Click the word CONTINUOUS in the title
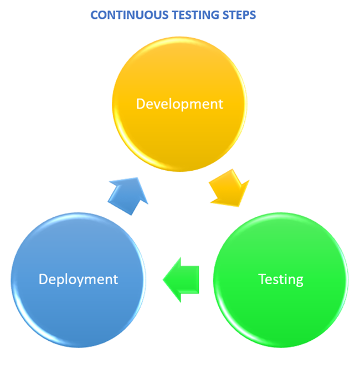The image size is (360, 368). point(130,15)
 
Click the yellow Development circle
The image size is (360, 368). point(179,104)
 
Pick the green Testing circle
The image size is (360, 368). point(281,280)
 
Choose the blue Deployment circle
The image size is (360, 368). point(78,280)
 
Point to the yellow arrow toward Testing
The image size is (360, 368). point(229,188)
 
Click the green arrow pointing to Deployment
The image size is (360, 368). point(181,280)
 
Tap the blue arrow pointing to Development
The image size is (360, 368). point(128,196)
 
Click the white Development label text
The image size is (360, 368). point(179,104)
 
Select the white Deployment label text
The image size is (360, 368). point(78,279)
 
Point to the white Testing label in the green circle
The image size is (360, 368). point(281,279)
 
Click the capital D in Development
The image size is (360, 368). point(141,104)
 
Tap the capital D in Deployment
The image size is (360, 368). point(43,279)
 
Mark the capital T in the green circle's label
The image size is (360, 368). point(263,279)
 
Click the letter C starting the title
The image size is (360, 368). point(95,15)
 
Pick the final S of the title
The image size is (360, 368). point(253,15)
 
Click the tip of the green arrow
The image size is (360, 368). point(163,280)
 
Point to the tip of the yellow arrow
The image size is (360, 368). point(239,207)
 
